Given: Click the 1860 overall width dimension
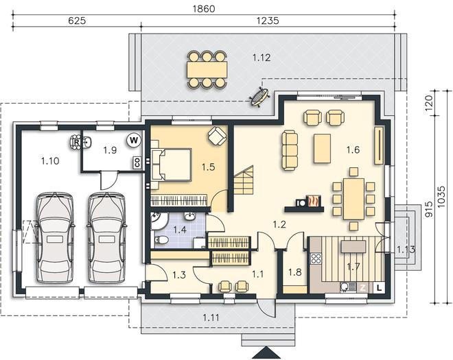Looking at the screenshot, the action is coord(204,9).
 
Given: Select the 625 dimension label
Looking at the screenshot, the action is coord(77,21).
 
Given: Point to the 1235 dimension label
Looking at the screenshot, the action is coord(268,21).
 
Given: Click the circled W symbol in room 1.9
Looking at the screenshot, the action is coord(134,141).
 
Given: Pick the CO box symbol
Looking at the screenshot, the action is coord(137,163).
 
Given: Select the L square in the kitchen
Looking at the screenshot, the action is coord(380,287).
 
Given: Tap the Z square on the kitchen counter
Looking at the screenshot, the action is coord(363,287).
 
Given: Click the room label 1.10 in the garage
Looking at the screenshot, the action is coord(50,161).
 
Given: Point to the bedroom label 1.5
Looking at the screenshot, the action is coord(208,167).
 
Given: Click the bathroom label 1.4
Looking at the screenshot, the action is coord(180,230).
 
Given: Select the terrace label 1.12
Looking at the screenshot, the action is coord(262,58).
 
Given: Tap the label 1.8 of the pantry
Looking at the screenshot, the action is coord(295,272).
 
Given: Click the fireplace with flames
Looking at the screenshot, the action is coord(312,201).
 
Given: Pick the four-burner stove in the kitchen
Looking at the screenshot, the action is coord(316,259).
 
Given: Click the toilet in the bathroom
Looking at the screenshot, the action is coord(161,239).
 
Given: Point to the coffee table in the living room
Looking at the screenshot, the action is coord(322,148).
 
